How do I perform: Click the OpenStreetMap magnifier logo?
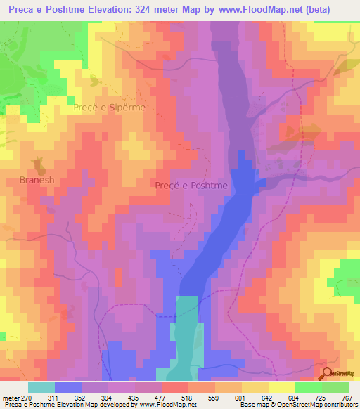click(x=328, y=373)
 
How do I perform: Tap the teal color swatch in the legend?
click(x=41, y=388)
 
